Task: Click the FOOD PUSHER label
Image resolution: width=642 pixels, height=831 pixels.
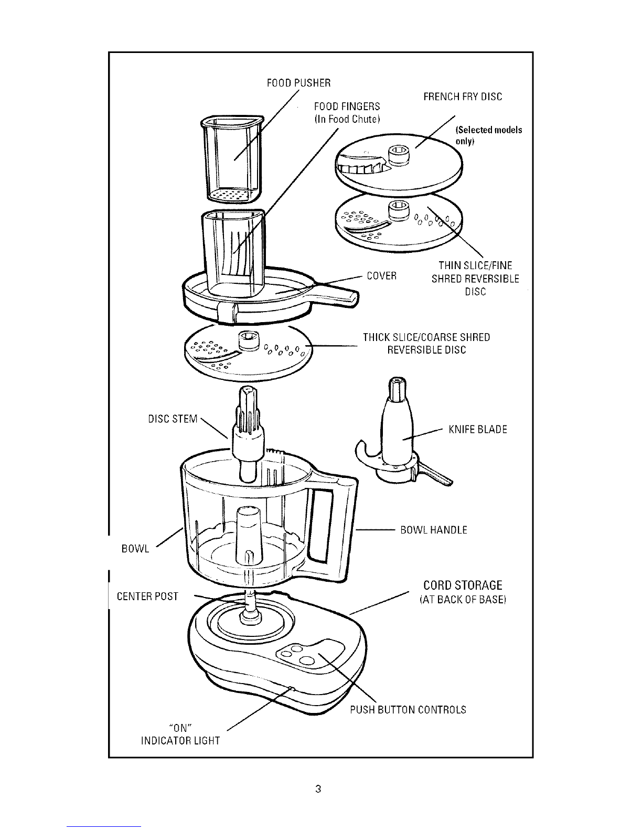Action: point(298,83)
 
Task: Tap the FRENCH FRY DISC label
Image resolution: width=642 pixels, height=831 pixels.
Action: point(463,97)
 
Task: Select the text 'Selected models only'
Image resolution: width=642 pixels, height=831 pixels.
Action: point(489,135)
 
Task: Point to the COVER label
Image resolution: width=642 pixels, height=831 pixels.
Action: point(382,276)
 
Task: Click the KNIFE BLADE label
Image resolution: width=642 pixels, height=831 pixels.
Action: point(478,430)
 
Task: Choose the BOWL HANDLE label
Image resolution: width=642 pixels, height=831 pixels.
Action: point(434,530)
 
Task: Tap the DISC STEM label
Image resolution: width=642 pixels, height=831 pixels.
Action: point(173,419)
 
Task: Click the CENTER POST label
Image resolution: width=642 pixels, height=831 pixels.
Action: point(147,596)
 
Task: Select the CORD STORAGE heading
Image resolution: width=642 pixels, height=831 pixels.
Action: point(463,585)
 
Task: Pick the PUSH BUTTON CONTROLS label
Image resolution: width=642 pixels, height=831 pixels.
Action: point(408,710)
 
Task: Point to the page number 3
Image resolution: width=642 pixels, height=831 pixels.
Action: point(318,789)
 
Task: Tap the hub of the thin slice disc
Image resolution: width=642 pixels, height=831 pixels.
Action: point(399,211)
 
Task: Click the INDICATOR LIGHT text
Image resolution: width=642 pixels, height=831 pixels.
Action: point(180,741)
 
